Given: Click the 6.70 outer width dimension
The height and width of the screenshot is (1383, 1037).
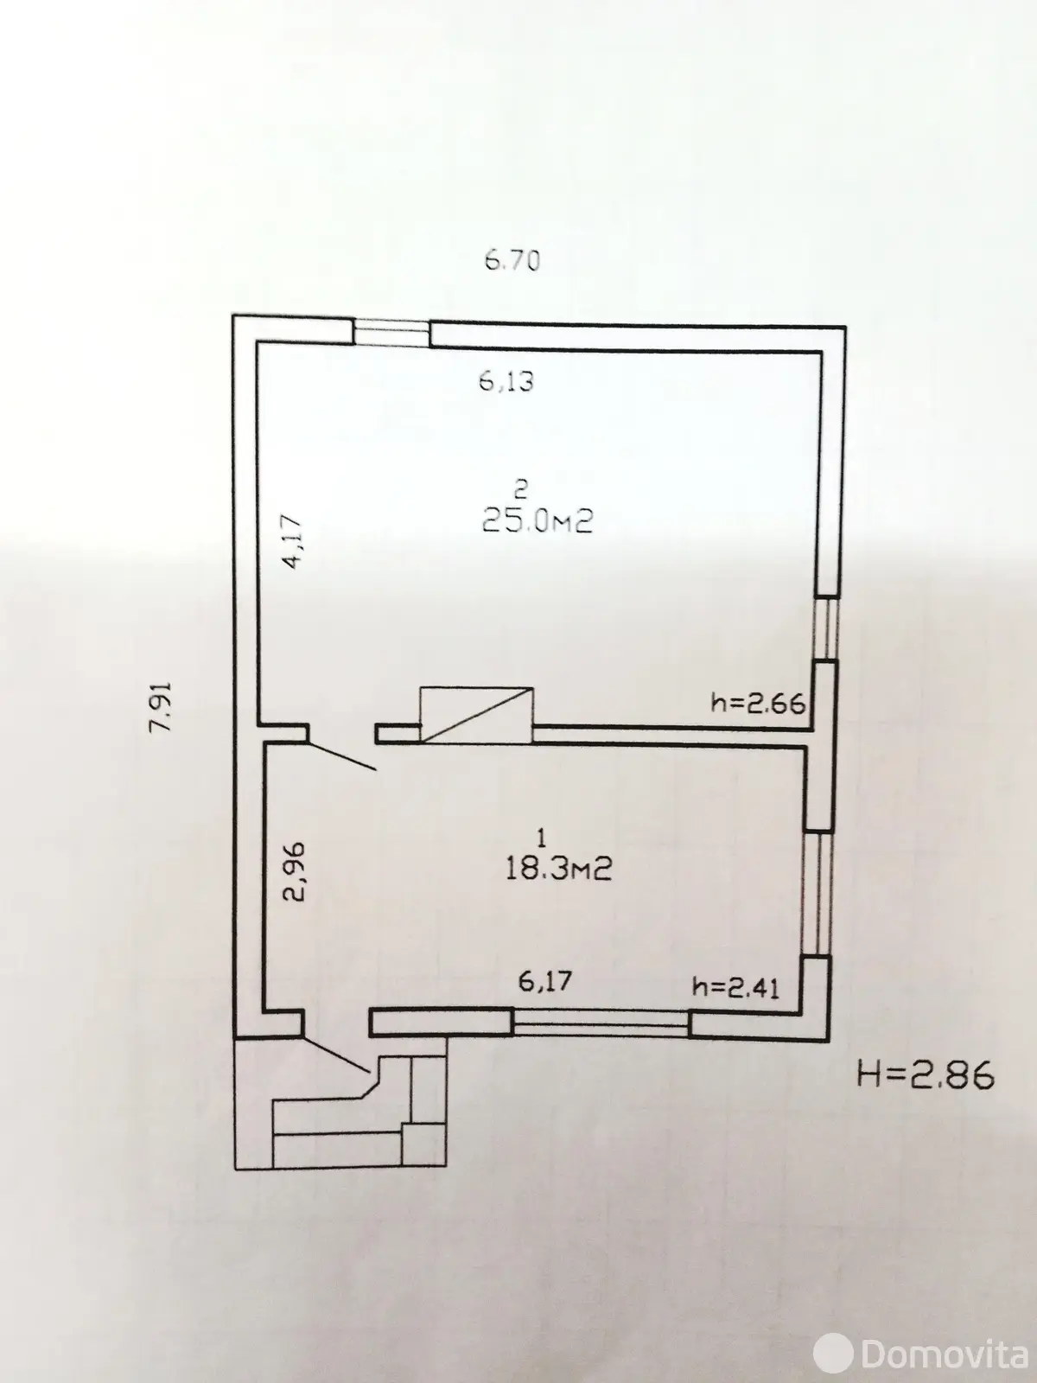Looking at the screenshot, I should [x=512, y=259].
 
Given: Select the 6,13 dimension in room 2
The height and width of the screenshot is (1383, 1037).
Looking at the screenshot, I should [x=507, y=380].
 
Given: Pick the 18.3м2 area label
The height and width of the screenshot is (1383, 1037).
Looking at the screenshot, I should [x=558, y=868].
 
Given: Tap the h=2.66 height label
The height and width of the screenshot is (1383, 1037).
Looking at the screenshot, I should [x=757, y=703].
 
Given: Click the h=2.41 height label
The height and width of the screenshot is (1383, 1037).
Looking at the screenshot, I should [x=735, y=986].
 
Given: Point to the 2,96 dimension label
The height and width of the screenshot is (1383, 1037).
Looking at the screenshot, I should [x=294, y=879].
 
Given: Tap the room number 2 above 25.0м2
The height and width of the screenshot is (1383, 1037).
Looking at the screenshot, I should [x=520, y=490].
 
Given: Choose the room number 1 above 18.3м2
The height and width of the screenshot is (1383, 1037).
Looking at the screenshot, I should [x=541, y=837].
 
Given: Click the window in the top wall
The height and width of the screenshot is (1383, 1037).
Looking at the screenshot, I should [x=392, y=332].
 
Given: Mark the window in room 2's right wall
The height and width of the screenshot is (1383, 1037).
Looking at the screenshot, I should [x=827, y=628].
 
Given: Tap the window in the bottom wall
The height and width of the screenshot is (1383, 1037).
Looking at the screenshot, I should [x=601, y=1024].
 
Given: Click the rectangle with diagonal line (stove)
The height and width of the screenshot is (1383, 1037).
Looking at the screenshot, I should [x=475, y=714].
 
